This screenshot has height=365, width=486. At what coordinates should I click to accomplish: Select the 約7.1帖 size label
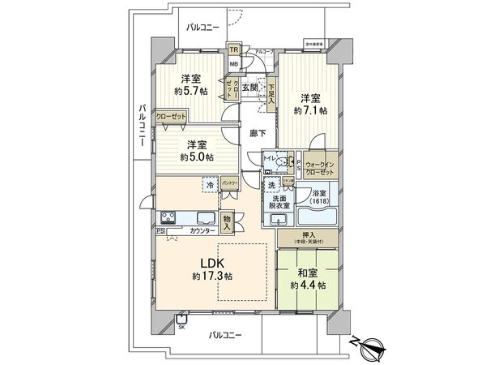tap(309, 108)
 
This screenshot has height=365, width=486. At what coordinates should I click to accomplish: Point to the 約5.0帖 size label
tap(197, 156)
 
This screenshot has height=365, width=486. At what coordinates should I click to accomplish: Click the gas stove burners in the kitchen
tap(170, 217)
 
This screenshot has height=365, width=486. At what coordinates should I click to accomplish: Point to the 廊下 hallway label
tap(256, 131)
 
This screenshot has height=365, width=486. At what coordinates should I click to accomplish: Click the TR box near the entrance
tap(233, 49)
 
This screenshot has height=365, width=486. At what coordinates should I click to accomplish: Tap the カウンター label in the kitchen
tap(202, 232)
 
